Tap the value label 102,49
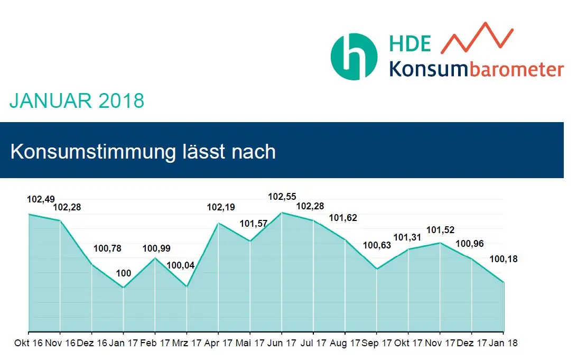click(x=41, y=199)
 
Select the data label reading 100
click(x=123, y=273)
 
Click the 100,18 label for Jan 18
click(x=503, y=259)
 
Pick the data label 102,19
click(x=221, y=208)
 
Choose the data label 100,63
click(x=377, y=245)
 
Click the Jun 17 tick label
click(x=282, y=343)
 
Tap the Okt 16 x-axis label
click(x=29, y=343)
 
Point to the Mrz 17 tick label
click(x=187, y=343)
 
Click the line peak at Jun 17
click(x=282, y=213)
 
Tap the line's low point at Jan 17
click(x=123, y=288)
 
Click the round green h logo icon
click(x=353, y=57)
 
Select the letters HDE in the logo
click(x=410, y=43)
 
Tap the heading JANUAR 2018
click(x=77, y=100)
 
